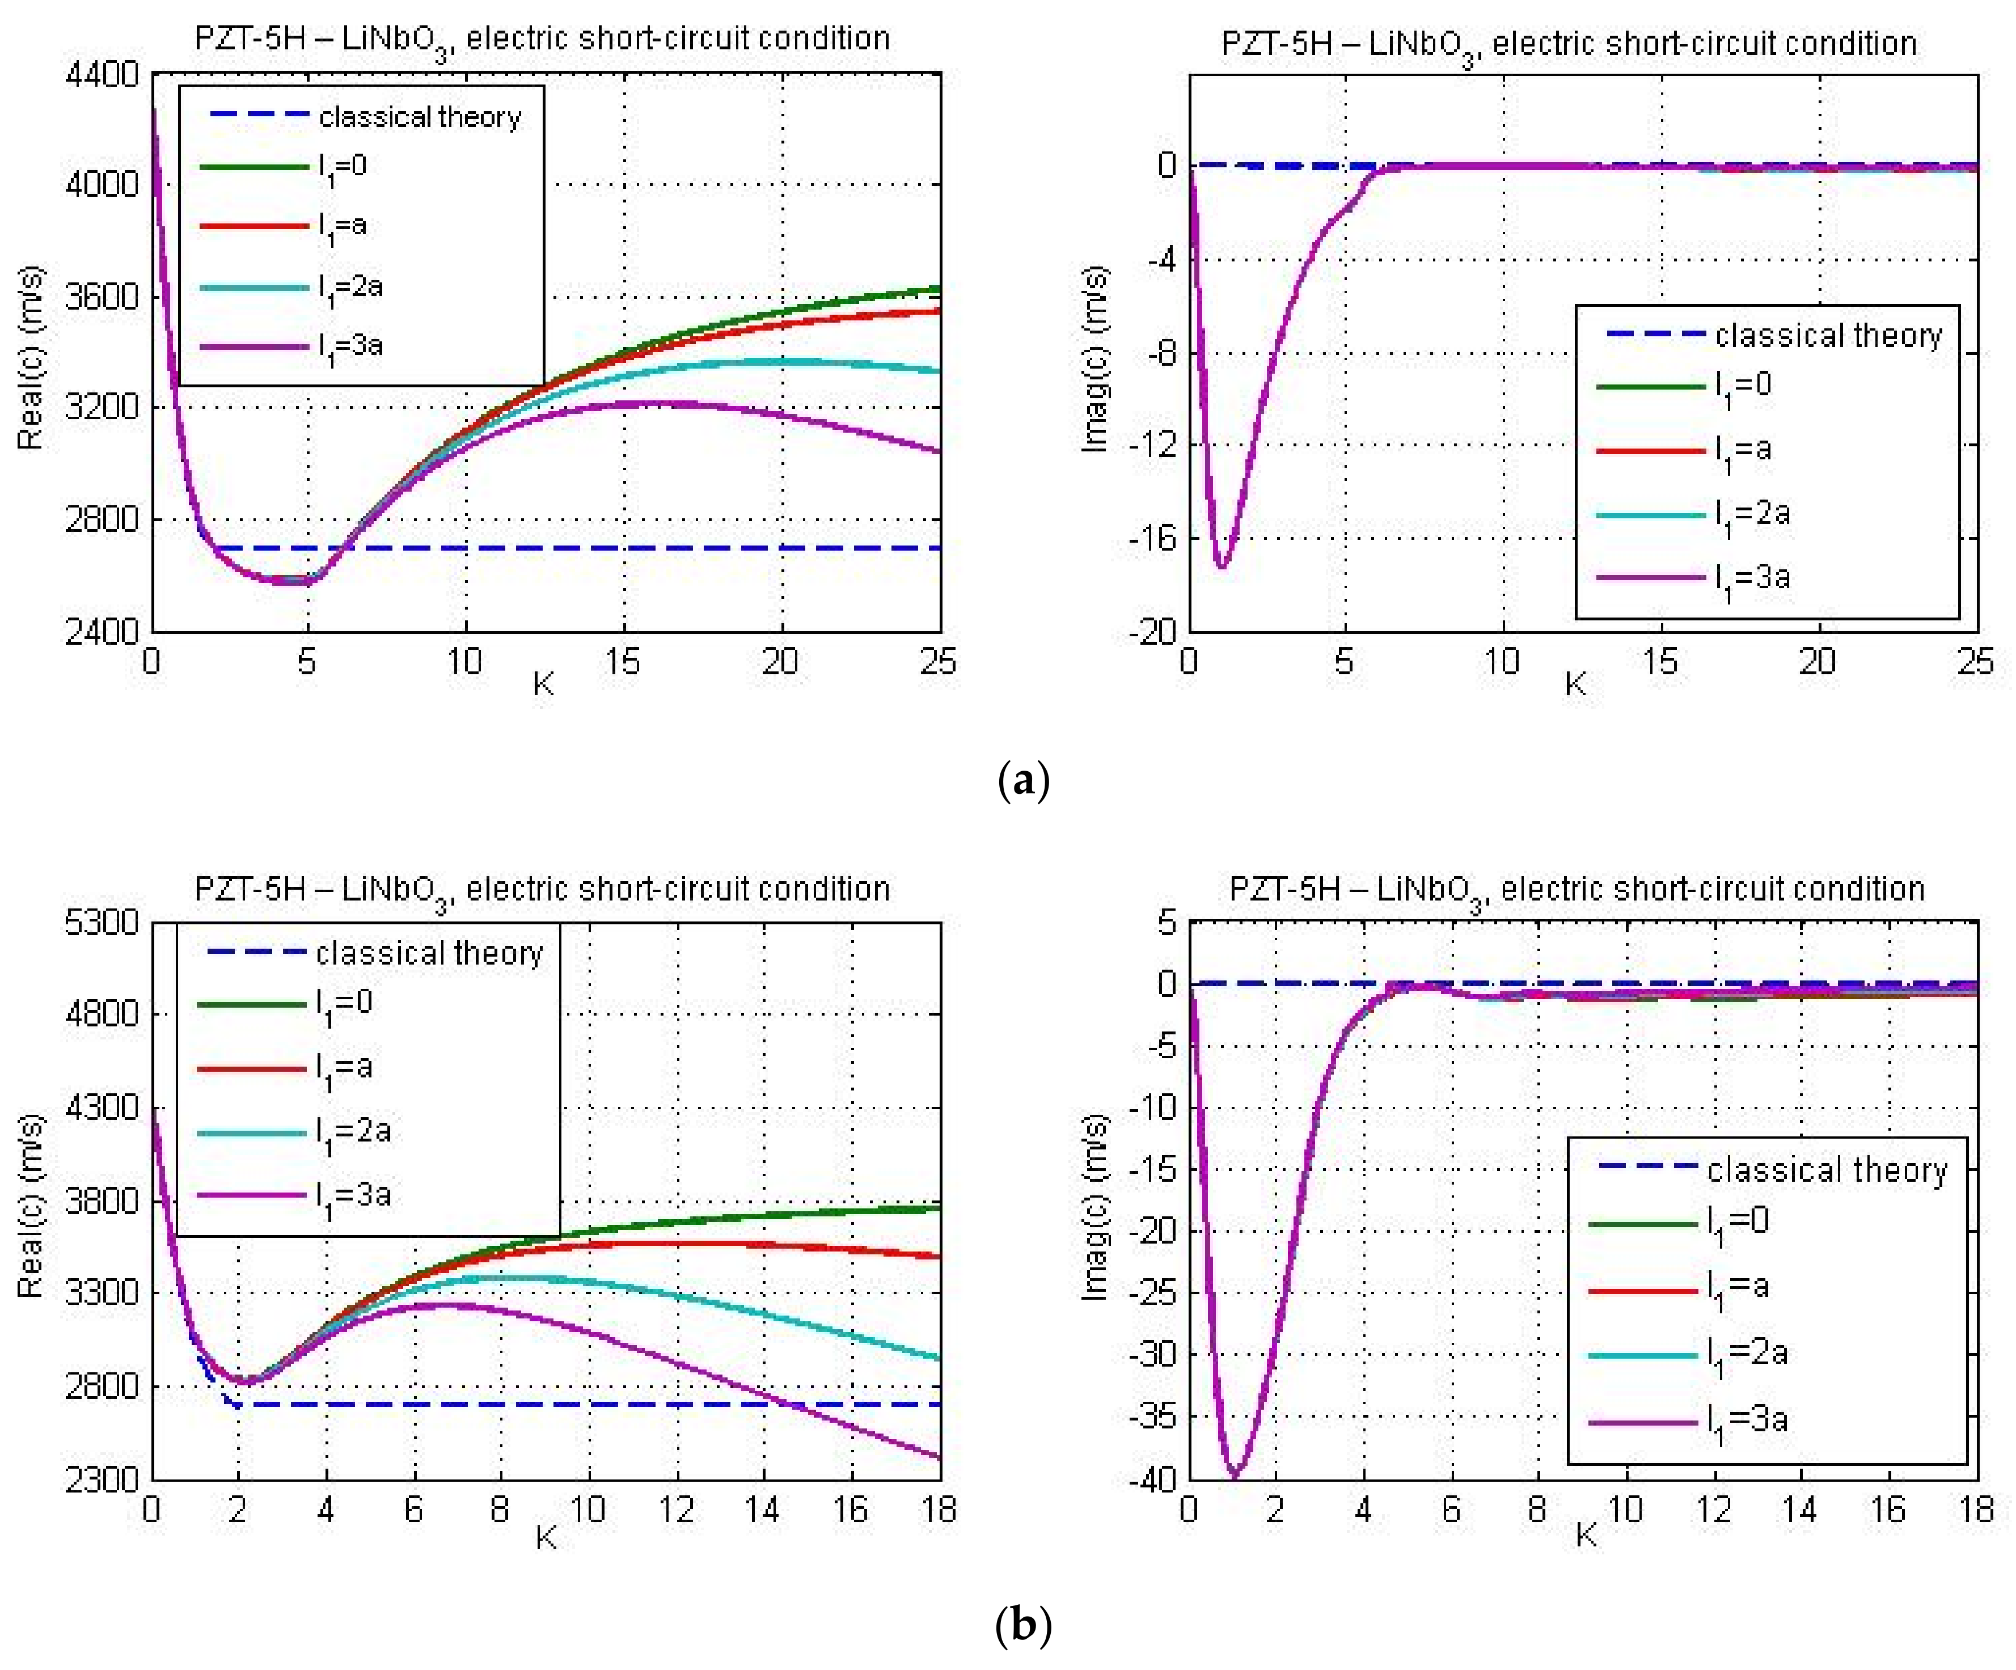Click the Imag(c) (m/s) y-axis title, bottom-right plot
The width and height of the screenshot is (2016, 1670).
coord(1094,1207)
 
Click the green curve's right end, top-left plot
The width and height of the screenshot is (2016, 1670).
coord(938,288)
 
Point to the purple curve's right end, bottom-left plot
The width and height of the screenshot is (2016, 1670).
coord(938,1457)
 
